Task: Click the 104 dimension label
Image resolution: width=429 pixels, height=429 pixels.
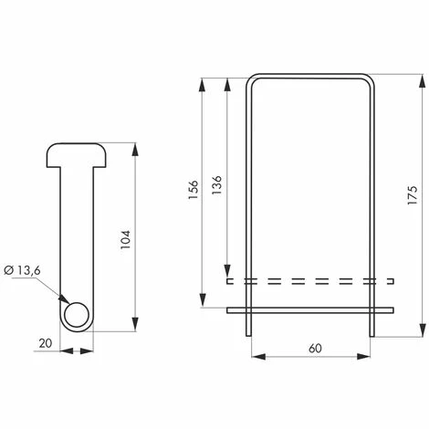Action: tap(125, 239)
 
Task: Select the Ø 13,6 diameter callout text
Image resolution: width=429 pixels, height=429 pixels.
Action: tap(23, 270)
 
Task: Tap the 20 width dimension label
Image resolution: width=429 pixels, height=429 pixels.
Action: tap(46, 343)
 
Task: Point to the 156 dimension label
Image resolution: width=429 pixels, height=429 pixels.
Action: tap(194, 190)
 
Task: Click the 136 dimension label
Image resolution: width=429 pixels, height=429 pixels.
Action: tap(216, 185)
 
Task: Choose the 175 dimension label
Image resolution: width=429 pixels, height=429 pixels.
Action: tap(413, 195)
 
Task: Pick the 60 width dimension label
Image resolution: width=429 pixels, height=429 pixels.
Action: tap(315, 349)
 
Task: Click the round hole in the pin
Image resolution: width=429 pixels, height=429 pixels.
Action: tap(77, 315)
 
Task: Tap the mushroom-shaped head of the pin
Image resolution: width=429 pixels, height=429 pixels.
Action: tap(77, 155)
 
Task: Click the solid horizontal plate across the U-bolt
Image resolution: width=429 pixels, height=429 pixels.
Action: tap(310, 310)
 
